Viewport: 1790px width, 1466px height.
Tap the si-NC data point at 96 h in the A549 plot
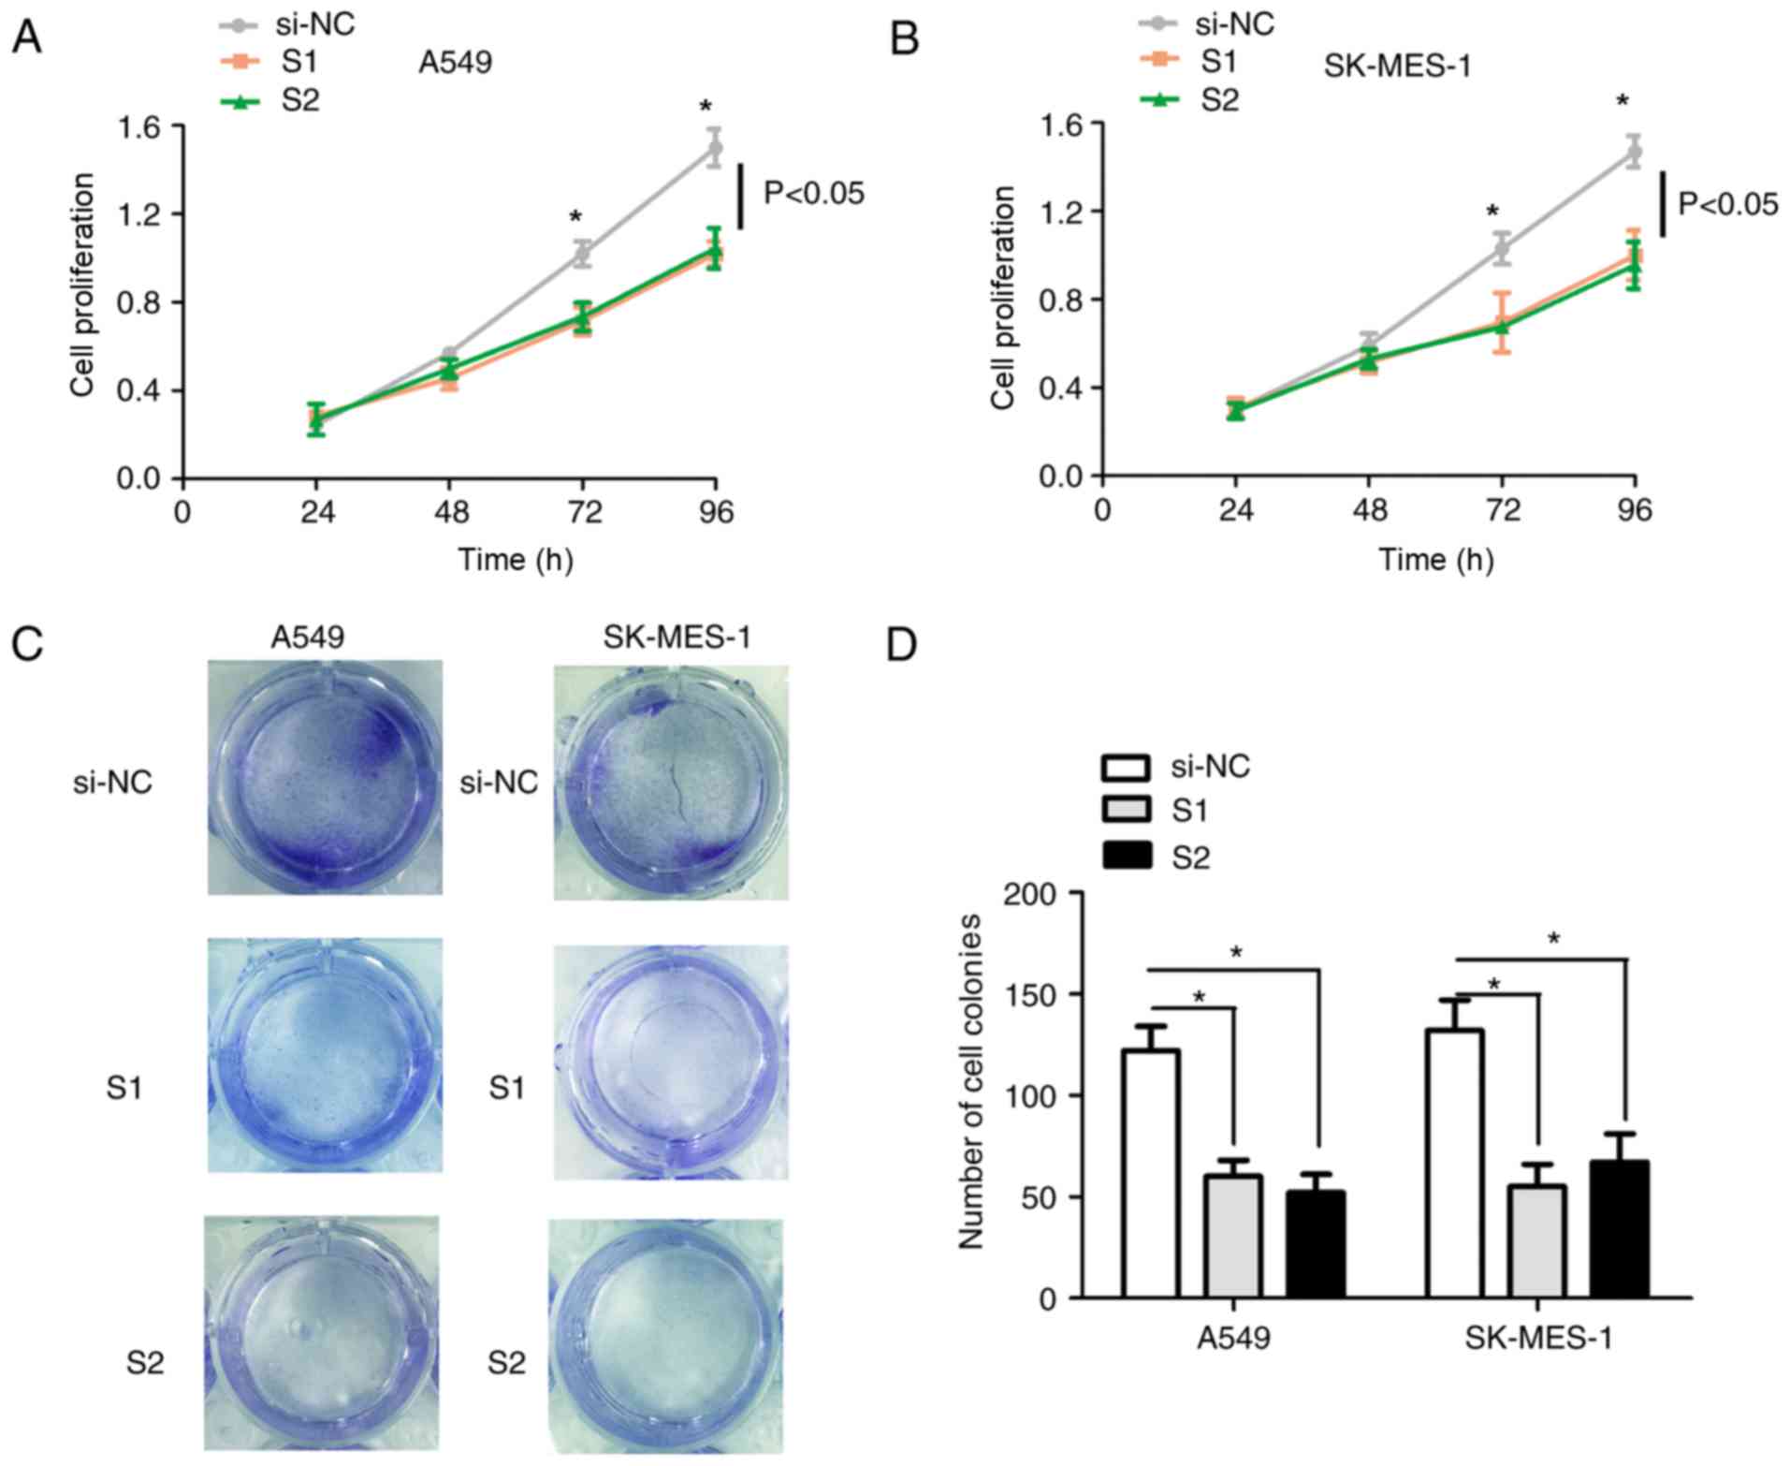(715, 148)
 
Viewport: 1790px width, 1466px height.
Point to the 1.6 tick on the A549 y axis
(139, 126)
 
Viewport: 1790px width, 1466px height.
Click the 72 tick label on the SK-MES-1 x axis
(1502, 511)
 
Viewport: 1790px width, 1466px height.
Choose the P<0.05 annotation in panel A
(814, 194)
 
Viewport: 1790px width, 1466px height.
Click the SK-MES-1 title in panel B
(1397, 66)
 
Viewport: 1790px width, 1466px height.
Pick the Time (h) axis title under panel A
(516, 560)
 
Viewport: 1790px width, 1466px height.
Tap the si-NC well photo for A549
(325, 777)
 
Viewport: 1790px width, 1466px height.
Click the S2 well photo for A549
(322, 1333)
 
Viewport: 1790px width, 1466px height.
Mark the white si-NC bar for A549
(1151, 1173)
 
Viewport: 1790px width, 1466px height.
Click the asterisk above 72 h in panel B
(1493, 212)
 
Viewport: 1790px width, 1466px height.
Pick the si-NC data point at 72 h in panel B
(1502, 248)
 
